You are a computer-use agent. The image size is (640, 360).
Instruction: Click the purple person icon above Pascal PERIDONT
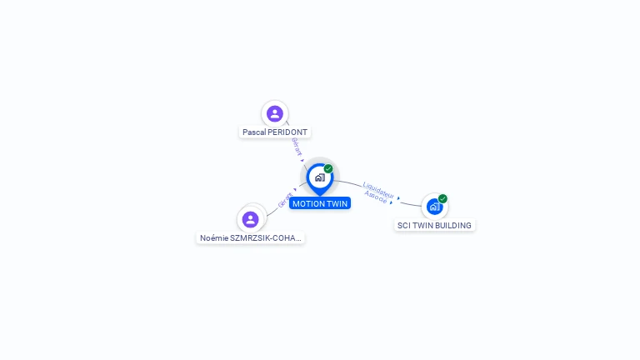pyautogui.click(x=275, y=113)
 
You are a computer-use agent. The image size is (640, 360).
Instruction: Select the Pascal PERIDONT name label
pyautogui.click(x=275, y=132)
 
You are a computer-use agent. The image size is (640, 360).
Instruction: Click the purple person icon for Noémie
pyautogui.click(x=251, y=219)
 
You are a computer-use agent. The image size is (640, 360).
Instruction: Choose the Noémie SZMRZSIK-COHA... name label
pyautogui.click(x=250, y=238)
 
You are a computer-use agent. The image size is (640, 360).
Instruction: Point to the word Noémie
pyautogui.click(x=214, y=238)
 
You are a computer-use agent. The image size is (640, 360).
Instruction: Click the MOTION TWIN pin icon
pyautogui.click(x=319, y=177)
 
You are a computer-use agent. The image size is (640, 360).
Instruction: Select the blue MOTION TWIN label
pyautogui.click(x=320, y=203)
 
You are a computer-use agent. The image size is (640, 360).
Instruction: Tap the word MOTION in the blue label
pyautogui.click(x=308, y=203)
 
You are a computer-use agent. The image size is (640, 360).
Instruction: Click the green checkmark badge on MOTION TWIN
pyautogui.click(x=328, y=169)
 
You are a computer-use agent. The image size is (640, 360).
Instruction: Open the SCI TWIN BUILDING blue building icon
pyautogui.click(x=434, y=207)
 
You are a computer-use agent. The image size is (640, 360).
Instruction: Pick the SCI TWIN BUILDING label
pyautogui.click(x=434, y=226)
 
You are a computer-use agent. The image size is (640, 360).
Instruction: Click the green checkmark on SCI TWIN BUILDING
pyautogui.click(x=442, y=199)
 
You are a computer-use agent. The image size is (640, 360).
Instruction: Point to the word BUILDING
pyautogui.click(x=452, y=226)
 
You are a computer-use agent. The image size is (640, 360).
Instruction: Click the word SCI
pyautogui.click(x=403, y=226)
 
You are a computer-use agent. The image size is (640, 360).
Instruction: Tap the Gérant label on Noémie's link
pyautogui.click(x=285, y=200)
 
